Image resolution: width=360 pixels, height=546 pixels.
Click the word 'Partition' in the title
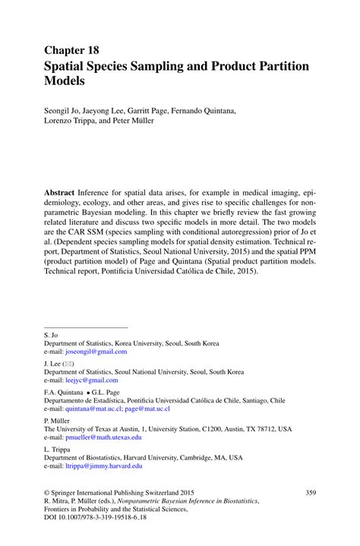(280, 66)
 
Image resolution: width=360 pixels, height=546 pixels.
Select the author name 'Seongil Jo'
(66, 111)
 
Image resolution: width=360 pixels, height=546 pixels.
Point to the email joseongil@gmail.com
(96, 352)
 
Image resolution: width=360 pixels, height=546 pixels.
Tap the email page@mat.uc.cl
(150, 409)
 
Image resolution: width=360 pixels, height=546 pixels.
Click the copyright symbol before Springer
(48, 493)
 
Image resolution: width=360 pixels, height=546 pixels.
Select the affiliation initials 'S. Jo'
(52, 334)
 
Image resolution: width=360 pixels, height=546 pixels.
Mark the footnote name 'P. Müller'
(58, 420)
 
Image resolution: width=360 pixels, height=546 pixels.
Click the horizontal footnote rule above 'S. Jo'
(86, 327)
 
